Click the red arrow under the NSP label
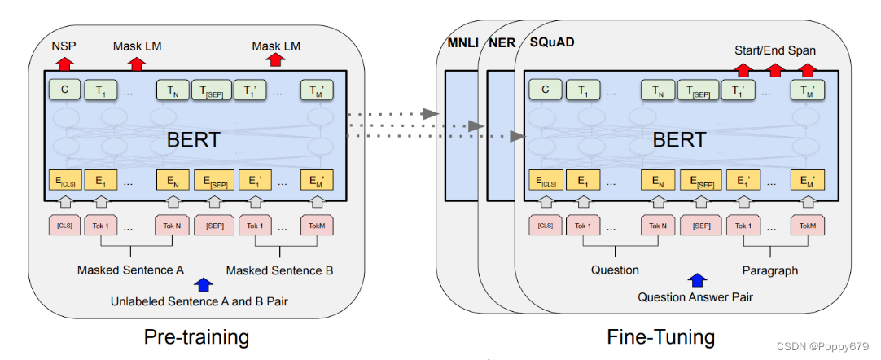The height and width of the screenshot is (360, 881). click(65, 61)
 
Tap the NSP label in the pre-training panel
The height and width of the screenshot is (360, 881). click(65, 46)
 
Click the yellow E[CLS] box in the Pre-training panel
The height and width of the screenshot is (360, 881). click(64, 181)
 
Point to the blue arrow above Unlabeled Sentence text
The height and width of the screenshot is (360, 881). click(204, 284)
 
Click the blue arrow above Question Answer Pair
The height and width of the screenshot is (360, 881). click(696, 280)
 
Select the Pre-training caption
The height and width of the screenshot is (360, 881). click(196, 336)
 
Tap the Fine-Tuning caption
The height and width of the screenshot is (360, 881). click(660, 336)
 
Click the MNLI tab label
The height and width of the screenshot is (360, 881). click(461, 42)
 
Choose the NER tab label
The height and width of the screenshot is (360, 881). click(502, 42)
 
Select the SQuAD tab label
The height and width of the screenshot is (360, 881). click(552, 42)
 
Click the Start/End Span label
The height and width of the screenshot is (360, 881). click(775, 50)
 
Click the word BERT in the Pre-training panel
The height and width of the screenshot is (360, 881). click(193, 139)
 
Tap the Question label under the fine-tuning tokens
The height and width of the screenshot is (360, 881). click(615, 270)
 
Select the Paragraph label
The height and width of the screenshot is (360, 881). click(769, 270)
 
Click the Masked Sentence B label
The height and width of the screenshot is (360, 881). click(279, 270)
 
